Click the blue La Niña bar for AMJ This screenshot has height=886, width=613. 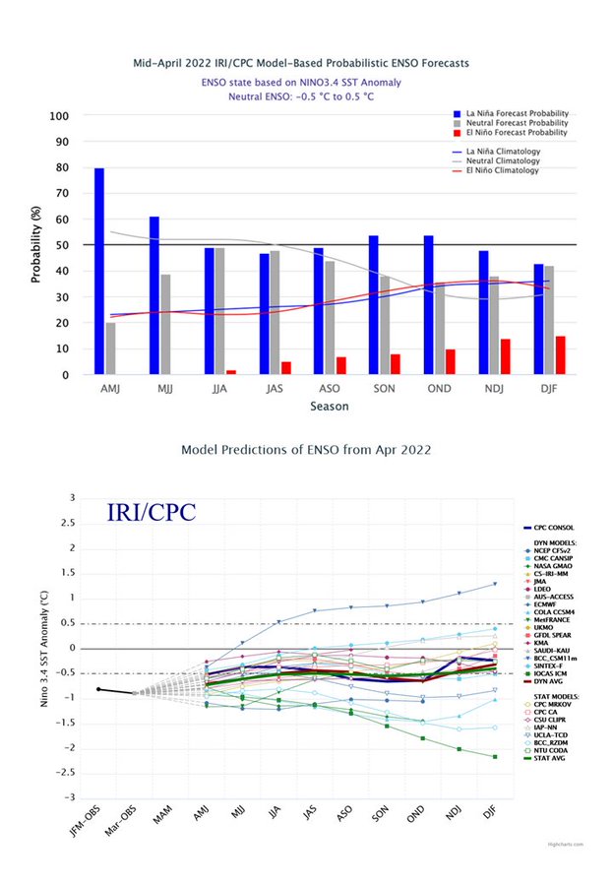click(x=99, y=271)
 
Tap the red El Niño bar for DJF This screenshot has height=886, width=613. click(x=560, y=355)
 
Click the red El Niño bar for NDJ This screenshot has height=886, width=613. click(x=505, y=356)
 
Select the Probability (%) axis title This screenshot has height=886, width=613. click(x=35, y=245)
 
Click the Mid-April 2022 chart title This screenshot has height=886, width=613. click(x=301, y=63)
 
